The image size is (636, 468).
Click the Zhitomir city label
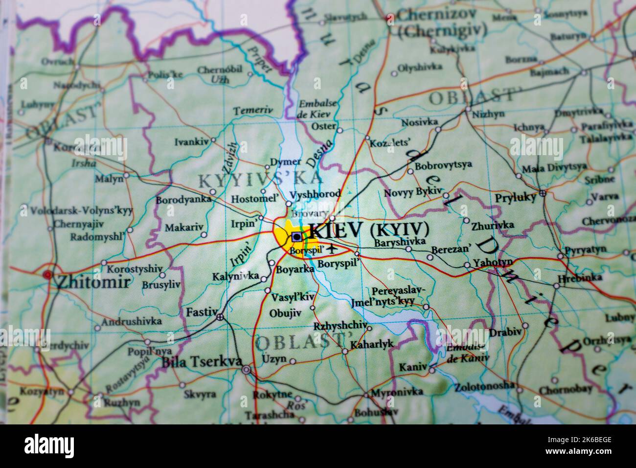point(92,281)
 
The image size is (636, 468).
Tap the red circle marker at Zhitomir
point(47,275)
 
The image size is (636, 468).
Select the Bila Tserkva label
point(202,362)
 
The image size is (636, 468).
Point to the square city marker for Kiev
point(296,237)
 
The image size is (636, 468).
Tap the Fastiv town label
point(201,312)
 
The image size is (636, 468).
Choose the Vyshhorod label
point(315,194)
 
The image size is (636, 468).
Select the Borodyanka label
point(183,200)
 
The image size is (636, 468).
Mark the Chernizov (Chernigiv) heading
point(442,22)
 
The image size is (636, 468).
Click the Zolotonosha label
point(484,385)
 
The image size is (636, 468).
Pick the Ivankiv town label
point(191,142)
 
